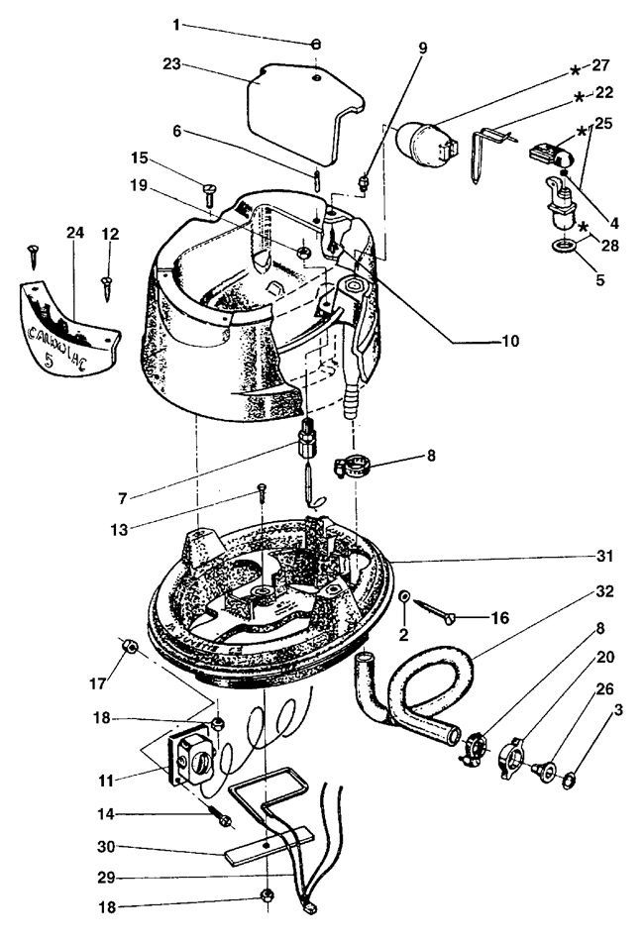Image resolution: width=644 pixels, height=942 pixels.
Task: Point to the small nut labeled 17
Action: pos(127,646)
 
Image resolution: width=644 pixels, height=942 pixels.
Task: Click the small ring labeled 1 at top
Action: pos(314,44)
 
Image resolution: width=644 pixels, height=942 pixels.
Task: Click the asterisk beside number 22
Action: pos(578,99)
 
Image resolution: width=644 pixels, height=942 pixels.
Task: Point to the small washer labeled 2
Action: pos(407,598)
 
